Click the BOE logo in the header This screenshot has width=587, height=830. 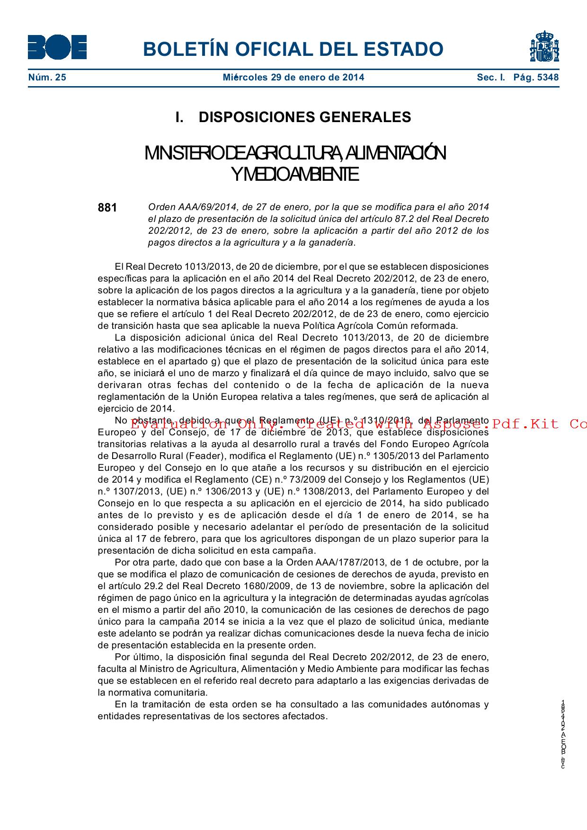click(57, 47)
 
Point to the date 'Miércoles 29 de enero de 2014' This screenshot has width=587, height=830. click(293, 78)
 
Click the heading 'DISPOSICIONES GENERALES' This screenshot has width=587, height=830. click(305, 117)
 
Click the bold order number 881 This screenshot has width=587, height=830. click(107, 208)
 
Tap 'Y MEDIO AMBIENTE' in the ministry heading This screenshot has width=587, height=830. click(295, 176)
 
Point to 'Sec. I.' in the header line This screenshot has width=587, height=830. click(491, 78)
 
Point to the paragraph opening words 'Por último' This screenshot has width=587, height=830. click(135, 657)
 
